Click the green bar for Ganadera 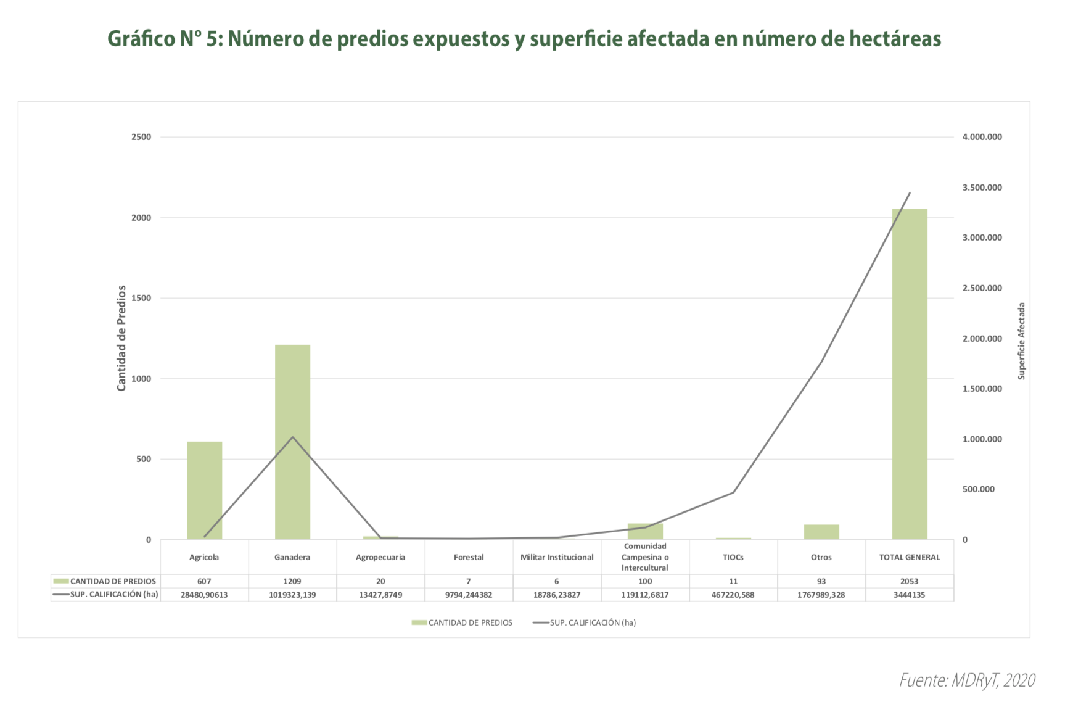(292, 442)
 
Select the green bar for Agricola (204, 490)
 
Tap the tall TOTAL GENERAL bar (909, 374)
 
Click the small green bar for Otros (821, 532)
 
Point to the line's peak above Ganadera (292, 437)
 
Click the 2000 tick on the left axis (141, 218)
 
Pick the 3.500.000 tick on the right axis (982, 188)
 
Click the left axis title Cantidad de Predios (121, 337)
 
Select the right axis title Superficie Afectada (1021, 341)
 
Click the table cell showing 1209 (292, 581)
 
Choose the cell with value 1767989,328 (821, 595)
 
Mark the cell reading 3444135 (909, 595)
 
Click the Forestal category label (469, 557)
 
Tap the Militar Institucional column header (557, 557)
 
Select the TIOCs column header (733, 557)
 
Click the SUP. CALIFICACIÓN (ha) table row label (113, 595)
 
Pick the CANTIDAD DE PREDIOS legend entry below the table (470, 622)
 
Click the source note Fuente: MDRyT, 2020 (967, 680)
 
